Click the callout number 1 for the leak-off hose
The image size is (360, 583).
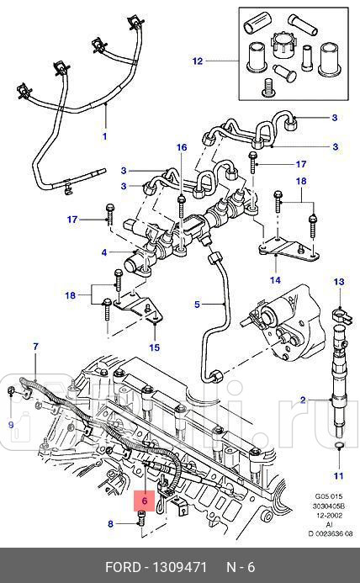pos(105,135)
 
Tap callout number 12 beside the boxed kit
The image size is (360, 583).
pos(197,61)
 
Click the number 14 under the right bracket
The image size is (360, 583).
pos(274,280)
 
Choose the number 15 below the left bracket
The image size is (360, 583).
pos(154,347)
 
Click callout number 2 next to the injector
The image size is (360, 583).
pos(303,400)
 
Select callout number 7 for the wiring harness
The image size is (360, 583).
pos(35,346)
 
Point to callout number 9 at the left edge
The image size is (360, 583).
pos(11,425)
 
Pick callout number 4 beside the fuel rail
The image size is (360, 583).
pos(104,252)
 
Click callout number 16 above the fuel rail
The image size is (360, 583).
pos(181,148)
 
